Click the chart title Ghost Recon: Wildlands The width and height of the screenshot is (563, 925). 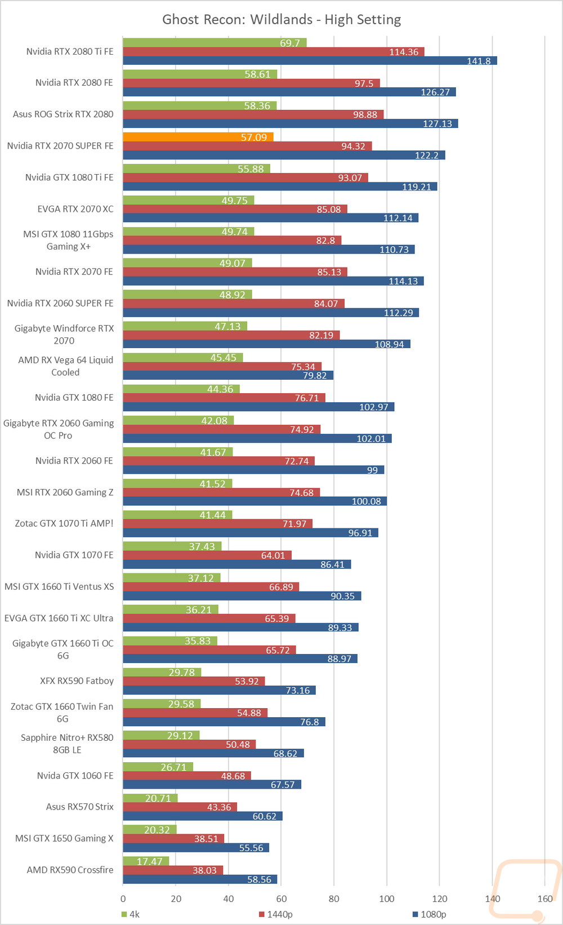coord(281,20)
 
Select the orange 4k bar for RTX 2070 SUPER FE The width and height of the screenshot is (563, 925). coord(198,137)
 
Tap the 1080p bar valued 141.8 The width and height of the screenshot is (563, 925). coord(310,61)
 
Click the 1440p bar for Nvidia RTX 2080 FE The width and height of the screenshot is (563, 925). coord(251,83)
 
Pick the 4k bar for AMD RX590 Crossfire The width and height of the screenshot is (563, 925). coord(146,861)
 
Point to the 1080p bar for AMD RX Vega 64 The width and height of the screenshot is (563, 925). coord(228,375)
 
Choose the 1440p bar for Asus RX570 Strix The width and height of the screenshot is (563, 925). coord(180,807)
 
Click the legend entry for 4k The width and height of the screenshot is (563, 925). coord(131,914)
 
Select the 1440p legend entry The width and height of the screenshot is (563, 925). coord(276,914)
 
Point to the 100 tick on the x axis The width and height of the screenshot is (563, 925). coord(387,899)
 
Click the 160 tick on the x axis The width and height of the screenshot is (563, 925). coord(545,899)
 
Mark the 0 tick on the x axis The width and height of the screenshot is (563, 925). coord(123,899)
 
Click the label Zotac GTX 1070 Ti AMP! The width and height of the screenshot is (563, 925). coord(64,523)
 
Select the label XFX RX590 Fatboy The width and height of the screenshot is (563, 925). coord(77,681)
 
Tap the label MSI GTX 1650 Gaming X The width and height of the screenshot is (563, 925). coord(64,838)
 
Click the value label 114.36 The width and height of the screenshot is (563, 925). coord(404,52)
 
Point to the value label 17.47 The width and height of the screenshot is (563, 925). coord(149,861)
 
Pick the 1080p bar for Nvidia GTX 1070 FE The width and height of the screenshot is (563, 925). coord(237,564)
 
